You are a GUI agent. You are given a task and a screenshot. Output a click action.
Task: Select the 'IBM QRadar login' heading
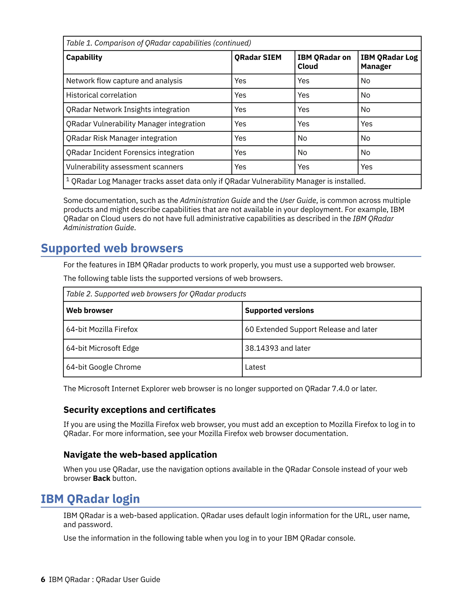coord(90,499)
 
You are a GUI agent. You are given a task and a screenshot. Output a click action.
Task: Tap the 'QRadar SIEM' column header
coord(258,57)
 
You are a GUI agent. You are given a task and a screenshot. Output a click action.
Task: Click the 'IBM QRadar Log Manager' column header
coord(389,62)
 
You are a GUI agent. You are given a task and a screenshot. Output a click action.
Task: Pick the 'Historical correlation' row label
coord(101,95)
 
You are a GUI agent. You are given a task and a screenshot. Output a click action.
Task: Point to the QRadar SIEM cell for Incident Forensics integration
coord(240,153)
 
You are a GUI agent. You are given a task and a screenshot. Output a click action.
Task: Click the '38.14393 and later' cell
coord(277,348)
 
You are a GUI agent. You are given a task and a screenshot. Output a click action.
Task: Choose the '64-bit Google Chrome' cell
coord(104,367)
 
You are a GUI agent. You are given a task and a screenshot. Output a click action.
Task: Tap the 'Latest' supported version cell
coord(255,367)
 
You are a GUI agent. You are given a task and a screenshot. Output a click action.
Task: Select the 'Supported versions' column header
coord(279,310)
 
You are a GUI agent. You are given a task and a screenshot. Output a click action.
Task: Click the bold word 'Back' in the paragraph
coord(102,478)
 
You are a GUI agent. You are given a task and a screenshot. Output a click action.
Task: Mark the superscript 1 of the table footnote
coord(68,179)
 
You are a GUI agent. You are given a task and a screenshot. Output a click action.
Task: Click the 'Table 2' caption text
coord(156,294)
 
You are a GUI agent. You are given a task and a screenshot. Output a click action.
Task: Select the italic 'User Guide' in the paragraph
coord(298,200)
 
